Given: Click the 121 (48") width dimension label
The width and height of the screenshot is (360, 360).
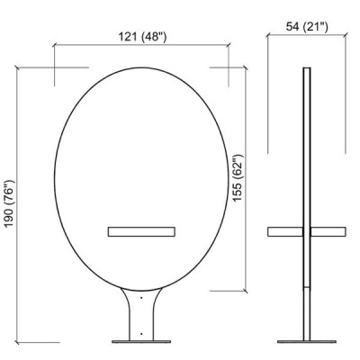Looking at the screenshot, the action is [142, 37].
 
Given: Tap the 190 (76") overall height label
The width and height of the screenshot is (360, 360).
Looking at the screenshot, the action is [9, 203].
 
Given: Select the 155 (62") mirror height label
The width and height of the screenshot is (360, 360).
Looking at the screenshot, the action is [237, 178].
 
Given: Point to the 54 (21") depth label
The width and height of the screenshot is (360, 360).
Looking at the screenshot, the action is [307, 26].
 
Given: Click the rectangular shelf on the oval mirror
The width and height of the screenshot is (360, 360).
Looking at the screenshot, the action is [141, 232].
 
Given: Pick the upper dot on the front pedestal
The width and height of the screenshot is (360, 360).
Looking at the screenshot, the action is [141, 298].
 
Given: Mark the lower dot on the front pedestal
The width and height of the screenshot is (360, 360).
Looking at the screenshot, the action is [141, 334].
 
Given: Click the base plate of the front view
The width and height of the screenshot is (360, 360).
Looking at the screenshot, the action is [141, 341].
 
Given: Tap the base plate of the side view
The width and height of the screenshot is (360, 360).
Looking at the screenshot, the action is [307, 341].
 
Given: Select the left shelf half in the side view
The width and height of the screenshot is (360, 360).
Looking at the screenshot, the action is [285, 232].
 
